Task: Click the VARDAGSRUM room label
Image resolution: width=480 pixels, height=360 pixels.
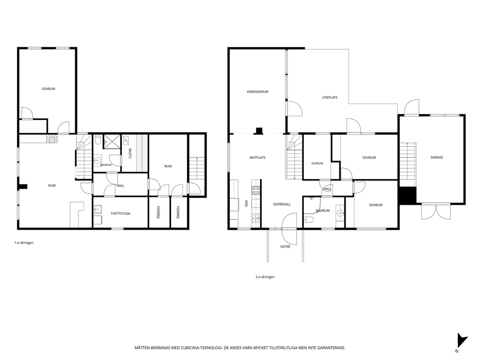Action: click(257, 91)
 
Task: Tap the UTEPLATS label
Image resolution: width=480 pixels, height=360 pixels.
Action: click(330, 97)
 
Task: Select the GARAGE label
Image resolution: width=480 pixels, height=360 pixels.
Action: click(436, 157)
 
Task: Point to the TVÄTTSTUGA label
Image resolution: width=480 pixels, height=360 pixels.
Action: click(120, 213)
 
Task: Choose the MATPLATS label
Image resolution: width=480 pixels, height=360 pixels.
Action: click(257, 158)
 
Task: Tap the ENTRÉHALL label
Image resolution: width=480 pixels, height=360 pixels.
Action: click(282, 204)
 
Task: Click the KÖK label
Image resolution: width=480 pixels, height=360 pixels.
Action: click(246, 204)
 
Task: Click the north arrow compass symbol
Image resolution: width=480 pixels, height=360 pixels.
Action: click(462, 341)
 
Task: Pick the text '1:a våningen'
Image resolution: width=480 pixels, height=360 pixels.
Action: click(24, 243)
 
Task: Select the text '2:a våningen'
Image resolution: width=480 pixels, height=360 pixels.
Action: click(265, 277)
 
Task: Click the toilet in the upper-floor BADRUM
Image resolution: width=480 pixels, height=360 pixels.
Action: click(309, 220)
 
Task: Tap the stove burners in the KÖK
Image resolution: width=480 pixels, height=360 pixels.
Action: click(256, 191)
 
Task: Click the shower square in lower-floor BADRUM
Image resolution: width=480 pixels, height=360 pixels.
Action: click(112, 141)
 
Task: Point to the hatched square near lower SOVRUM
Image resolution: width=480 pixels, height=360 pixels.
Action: click(52, 139)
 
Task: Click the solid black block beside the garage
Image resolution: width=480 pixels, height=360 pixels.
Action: click(407, 195)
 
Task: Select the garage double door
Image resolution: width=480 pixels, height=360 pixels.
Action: click(436, 211)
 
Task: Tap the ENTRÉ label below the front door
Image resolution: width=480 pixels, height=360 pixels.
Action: click(285, 246)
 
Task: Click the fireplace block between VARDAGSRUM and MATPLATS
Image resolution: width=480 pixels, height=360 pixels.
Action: click(259, 131)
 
